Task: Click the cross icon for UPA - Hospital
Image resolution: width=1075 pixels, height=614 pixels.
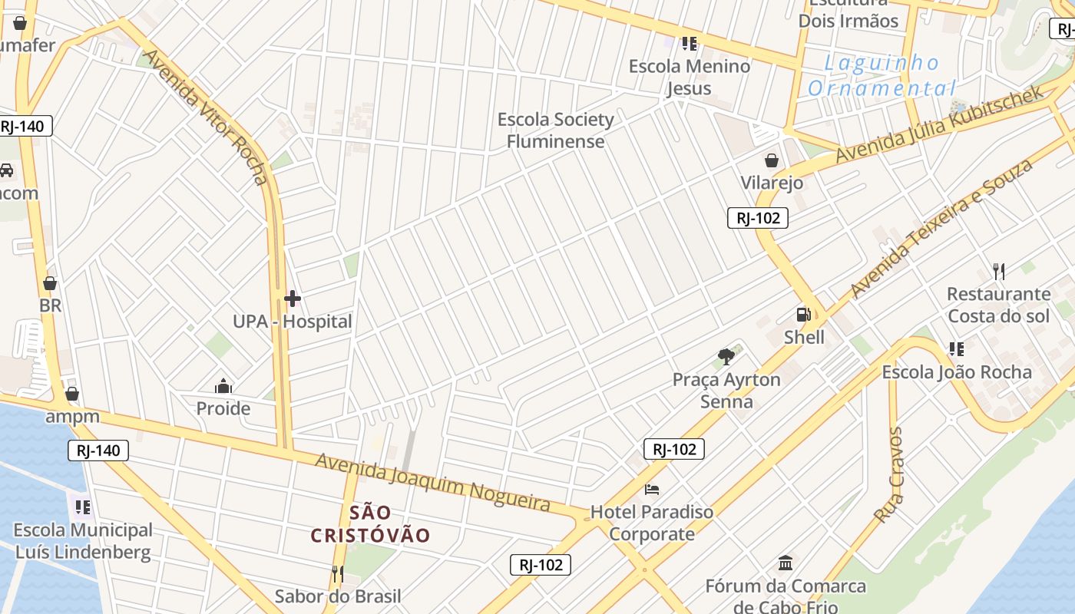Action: pyautogui.click(x=292, y=298)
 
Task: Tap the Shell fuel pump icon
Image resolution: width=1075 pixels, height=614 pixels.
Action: pyautogui.click(x=803, y=315)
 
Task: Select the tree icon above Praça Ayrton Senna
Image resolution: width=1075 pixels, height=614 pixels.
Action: pyautogui.click(x=726, y=356)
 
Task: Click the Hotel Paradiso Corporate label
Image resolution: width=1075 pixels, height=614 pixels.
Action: pyautogui.click(x=651, y=523)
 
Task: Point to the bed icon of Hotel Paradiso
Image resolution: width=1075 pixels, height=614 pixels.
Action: pyautogui.click(x=652, y=489)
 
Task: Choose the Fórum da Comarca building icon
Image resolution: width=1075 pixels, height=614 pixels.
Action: pyautogui.click(x=786, y=564)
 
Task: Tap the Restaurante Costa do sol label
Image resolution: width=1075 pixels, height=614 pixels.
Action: pyautogui.click(x=998, y=305)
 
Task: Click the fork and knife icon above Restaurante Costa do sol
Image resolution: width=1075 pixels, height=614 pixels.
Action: pyautogui.click(x=998, y=270)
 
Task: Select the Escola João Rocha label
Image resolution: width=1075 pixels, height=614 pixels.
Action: pyautogui.click(x=956, y=372)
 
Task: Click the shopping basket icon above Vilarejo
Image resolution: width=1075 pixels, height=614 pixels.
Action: pyautogui.click(x=772, y=160)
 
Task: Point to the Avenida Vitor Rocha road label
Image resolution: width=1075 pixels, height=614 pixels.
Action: pyautogui.click(x=207, y=117)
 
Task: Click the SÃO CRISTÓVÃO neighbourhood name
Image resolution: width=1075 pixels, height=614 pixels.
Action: pyautogui.click(x=370, y=523)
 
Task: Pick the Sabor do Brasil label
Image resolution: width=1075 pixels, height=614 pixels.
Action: pyautogui.click(x=338, y=596)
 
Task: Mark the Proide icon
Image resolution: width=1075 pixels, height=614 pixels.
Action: pyautogui.click(x=223, y=385)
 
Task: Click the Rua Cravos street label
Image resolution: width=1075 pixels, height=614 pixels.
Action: pyautogui.click(x=889, y=475)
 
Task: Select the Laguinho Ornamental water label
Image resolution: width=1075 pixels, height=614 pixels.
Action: pyautogui.click(x=882, y=75)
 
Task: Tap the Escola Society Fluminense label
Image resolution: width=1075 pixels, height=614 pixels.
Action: pyautogui.click(x=555, y=130)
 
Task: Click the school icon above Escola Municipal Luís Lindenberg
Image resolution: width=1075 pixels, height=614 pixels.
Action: pyautogui.click(x=82, y=507)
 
